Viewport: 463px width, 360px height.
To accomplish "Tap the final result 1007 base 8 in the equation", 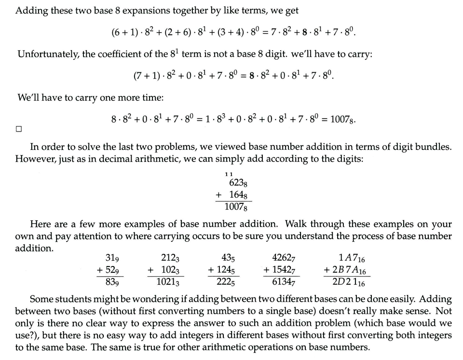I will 341,119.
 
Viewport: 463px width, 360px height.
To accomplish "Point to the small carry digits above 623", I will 229,173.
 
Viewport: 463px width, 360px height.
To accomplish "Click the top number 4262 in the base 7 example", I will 283,259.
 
